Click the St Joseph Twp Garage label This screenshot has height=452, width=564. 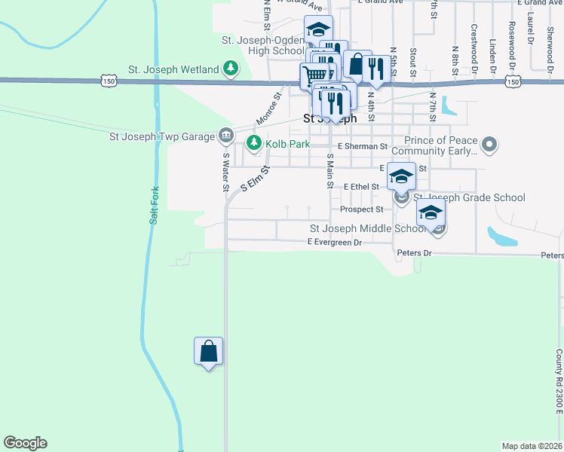(162, 136)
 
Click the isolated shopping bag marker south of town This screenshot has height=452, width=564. (208, 352)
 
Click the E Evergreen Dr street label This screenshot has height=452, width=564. (335, 243)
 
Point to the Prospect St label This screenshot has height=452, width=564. (362, 209)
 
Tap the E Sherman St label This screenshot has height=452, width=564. (363, 146)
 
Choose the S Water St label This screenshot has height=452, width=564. (225, 173)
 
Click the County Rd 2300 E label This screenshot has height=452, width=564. (559, 381)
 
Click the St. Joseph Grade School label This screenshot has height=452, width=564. (469, 198)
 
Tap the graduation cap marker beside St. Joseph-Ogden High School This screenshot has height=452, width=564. (318, 30)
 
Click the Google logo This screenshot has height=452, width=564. (25, 443)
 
